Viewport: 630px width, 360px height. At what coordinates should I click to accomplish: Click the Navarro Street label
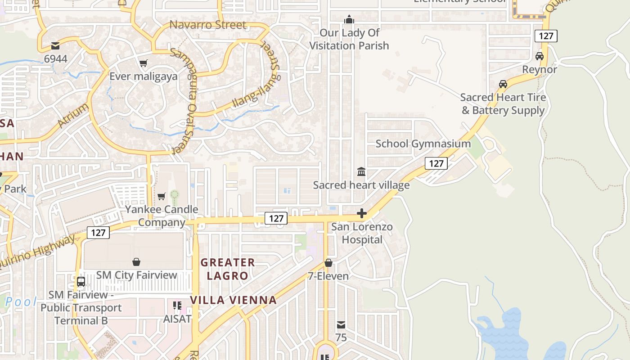[208, 25]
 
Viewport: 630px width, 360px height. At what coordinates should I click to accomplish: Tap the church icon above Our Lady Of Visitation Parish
[349, 19]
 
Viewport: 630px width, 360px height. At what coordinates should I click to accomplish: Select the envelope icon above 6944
[55, 45]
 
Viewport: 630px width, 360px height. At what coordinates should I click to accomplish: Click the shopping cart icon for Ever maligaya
[143, 63]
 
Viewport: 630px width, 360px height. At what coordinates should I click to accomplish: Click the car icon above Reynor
[540, 56]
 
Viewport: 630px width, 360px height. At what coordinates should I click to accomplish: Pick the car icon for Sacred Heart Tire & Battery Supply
[503, 84]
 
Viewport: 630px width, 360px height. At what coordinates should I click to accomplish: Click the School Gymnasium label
[423, 144]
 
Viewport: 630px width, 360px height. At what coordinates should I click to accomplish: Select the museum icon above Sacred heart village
[361, 171]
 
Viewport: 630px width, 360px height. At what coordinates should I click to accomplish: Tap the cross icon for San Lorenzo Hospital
[362, 213]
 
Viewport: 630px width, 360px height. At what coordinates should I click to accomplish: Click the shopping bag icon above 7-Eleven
[328, 263]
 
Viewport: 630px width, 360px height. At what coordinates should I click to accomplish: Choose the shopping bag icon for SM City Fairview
[136, 262]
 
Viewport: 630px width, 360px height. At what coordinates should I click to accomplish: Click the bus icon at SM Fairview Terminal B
[81, 282]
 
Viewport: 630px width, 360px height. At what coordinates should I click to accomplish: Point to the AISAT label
[177, 319]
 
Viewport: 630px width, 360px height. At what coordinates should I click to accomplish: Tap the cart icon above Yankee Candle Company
[161, 196]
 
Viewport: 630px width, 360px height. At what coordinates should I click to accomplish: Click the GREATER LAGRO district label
[227, 269]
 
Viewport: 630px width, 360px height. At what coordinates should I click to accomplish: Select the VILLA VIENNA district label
[233, 300]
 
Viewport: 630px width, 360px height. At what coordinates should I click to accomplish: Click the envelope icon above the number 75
[341, 324]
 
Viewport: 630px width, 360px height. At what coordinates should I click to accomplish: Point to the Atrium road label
[73, 115]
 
